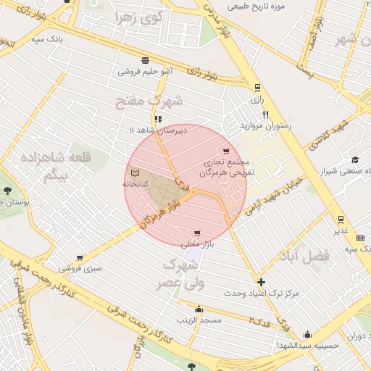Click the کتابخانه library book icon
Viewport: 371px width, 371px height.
(135, 174)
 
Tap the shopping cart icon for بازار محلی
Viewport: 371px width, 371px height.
(197, 233)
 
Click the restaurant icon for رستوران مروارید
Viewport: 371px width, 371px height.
(266, 114)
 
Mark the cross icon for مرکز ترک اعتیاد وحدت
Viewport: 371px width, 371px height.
(261, 282)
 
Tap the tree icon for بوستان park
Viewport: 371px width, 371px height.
(7, 191)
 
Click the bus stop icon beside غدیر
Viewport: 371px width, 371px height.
(341, 220)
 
